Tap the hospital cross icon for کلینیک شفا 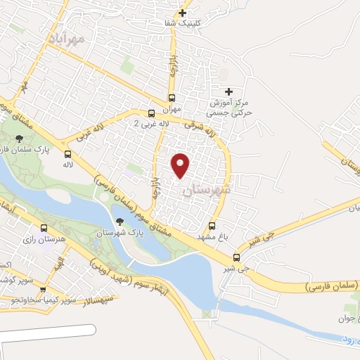coord(183,13)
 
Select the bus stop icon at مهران coord(171,98)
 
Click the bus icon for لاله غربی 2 coord(151,113)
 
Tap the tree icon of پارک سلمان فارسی coord(18,139)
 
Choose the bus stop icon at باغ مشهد coord(212,226)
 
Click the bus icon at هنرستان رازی coord(44,229)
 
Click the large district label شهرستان coord(205,191)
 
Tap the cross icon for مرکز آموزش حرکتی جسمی coord(228,91)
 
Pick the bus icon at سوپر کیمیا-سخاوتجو coord(44,289)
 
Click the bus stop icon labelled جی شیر coord(236,257)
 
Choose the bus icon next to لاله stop coord(68,154)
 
